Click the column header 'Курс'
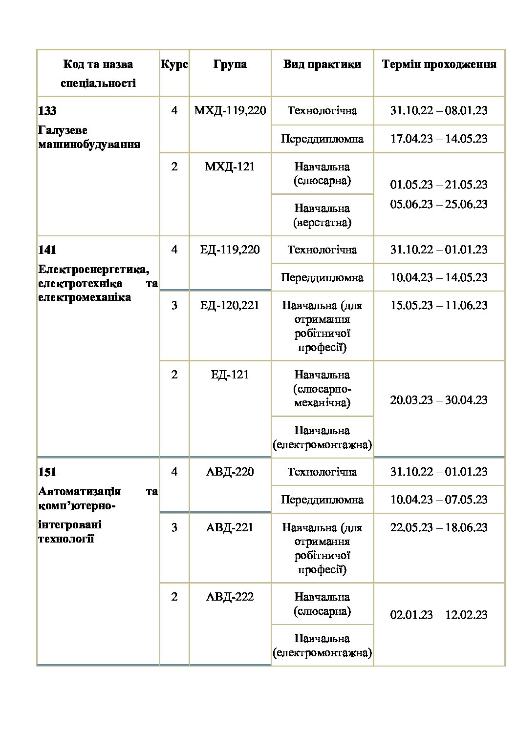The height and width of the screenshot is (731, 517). coord(174,64)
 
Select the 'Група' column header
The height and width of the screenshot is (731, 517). coord(230,64)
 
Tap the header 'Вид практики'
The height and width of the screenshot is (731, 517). coord(322,64)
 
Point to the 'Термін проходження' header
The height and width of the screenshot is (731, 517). coord(439,64)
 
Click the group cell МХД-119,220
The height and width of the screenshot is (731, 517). coord(230,111)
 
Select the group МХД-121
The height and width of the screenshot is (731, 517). coord(230,167)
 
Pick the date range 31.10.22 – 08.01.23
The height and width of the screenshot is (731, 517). coord(439,111)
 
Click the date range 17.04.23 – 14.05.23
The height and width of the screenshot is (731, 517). coord(439,139)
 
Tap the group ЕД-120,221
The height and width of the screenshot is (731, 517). coord(230,306)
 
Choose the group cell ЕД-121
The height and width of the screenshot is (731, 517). coord(230,375)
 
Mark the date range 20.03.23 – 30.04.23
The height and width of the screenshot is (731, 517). coord(439,400)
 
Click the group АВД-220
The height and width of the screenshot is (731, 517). coord(230,472)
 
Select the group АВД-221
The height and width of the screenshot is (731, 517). coord(230,528)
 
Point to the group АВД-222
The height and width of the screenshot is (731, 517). coord(230,597)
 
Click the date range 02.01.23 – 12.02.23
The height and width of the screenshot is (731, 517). coord(439,615)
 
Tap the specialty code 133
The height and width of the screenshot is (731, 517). coord(47,111)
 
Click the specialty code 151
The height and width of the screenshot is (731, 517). coord(47,473)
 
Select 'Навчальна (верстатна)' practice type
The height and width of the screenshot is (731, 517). coord(322,215)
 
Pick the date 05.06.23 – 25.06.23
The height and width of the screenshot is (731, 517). coord(439,204)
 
